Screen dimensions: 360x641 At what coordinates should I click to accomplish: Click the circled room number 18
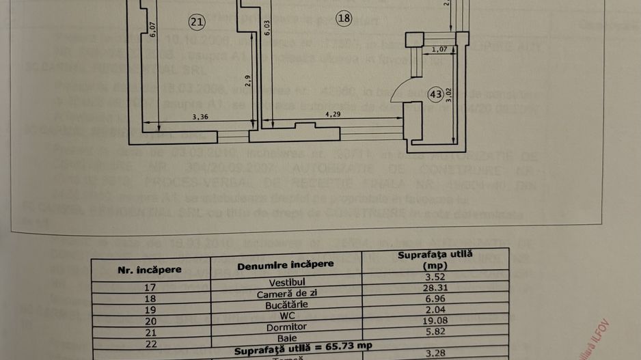[344, 19]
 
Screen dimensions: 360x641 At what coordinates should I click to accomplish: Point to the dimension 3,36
[200, 117]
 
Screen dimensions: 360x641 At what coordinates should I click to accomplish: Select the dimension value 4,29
[333, 115]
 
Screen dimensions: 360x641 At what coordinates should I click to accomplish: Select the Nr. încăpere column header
[150, 269]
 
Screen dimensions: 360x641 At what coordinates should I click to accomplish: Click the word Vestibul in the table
[286, 281]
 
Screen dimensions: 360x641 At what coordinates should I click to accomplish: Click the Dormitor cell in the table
[286, 327]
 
